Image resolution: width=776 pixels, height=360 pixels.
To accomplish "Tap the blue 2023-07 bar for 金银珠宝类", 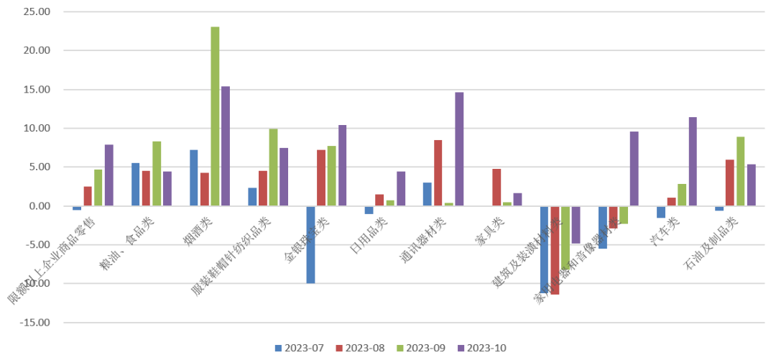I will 310,244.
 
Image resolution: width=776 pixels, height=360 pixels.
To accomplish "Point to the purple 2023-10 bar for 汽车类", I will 693,162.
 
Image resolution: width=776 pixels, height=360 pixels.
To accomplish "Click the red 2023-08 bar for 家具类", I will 496,188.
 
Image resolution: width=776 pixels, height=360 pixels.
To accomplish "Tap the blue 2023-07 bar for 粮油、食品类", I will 135,185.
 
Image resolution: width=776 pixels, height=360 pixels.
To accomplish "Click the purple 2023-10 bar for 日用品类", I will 401,189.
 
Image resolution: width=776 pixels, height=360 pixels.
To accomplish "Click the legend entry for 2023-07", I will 300,349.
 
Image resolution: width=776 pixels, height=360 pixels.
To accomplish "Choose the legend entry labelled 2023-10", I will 483,349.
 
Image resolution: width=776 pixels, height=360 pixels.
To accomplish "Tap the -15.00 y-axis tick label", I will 34,322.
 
